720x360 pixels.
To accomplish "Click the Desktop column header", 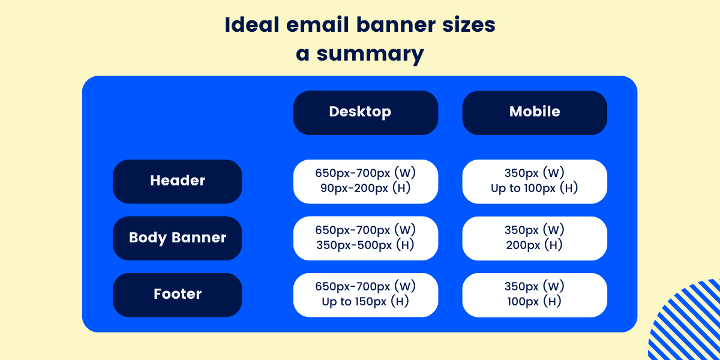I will (365, 112).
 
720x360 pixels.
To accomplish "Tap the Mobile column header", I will (535, 112).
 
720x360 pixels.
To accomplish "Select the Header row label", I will (178, 181).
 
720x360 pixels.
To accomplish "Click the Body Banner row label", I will (178, 238).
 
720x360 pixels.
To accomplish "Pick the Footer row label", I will (178, 295).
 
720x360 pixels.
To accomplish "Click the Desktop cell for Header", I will (365, 181).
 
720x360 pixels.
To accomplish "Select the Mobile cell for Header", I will (535, 181).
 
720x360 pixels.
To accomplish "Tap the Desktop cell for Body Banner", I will (365, 238).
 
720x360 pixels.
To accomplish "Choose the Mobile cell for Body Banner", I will (535, 238).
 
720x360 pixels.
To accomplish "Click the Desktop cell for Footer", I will (365, 295).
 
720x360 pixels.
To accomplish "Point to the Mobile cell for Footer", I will (535, 295).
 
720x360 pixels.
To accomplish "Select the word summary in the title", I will (371, 55).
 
